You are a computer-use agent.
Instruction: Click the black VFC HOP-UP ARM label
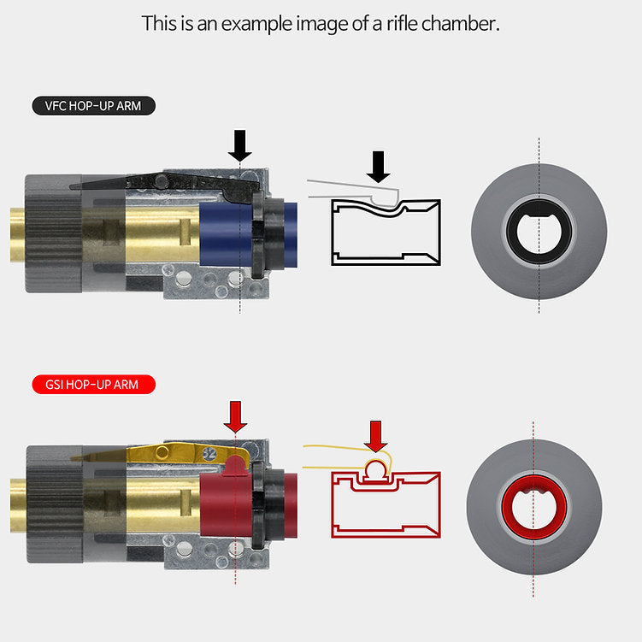click(x=94, y=106)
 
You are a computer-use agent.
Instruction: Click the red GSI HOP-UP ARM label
click(x=94, y=385)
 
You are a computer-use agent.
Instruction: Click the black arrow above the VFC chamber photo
click(x=240, y=145)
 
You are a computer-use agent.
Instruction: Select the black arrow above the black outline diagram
click(x=379, y=167)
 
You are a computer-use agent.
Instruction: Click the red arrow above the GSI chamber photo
click(x=235, y=416)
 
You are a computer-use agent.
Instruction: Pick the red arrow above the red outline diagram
click(x=375, y=437)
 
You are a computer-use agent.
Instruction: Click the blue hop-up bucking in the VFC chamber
click(x=226, y=234)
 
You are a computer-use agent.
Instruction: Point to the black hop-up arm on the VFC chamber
click(x=164, y=182)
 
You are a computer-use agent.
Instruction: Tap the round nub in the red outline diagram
click(x=375, y=468)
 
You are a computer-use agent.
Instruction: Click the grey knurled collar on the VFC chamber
click(x=54, y=233)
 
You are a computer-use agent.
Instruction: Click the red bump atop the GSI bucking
click(x=235, y=466)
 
